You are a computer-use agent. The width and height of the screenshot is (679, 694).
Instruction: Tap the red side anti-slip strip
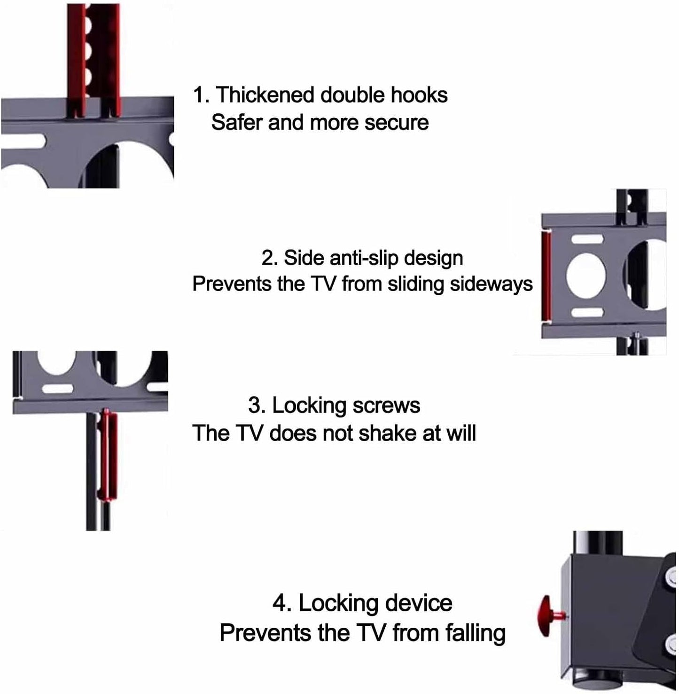point(546,277)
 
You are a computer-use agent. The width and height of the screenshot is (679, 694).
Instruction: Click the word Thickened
point(265,95)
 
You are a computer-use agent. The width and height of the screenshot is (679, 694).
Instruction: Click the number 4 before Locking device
point(280,603)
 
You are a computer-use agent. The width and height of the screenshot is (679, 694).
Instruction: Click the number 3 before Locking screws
point(254,406)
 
